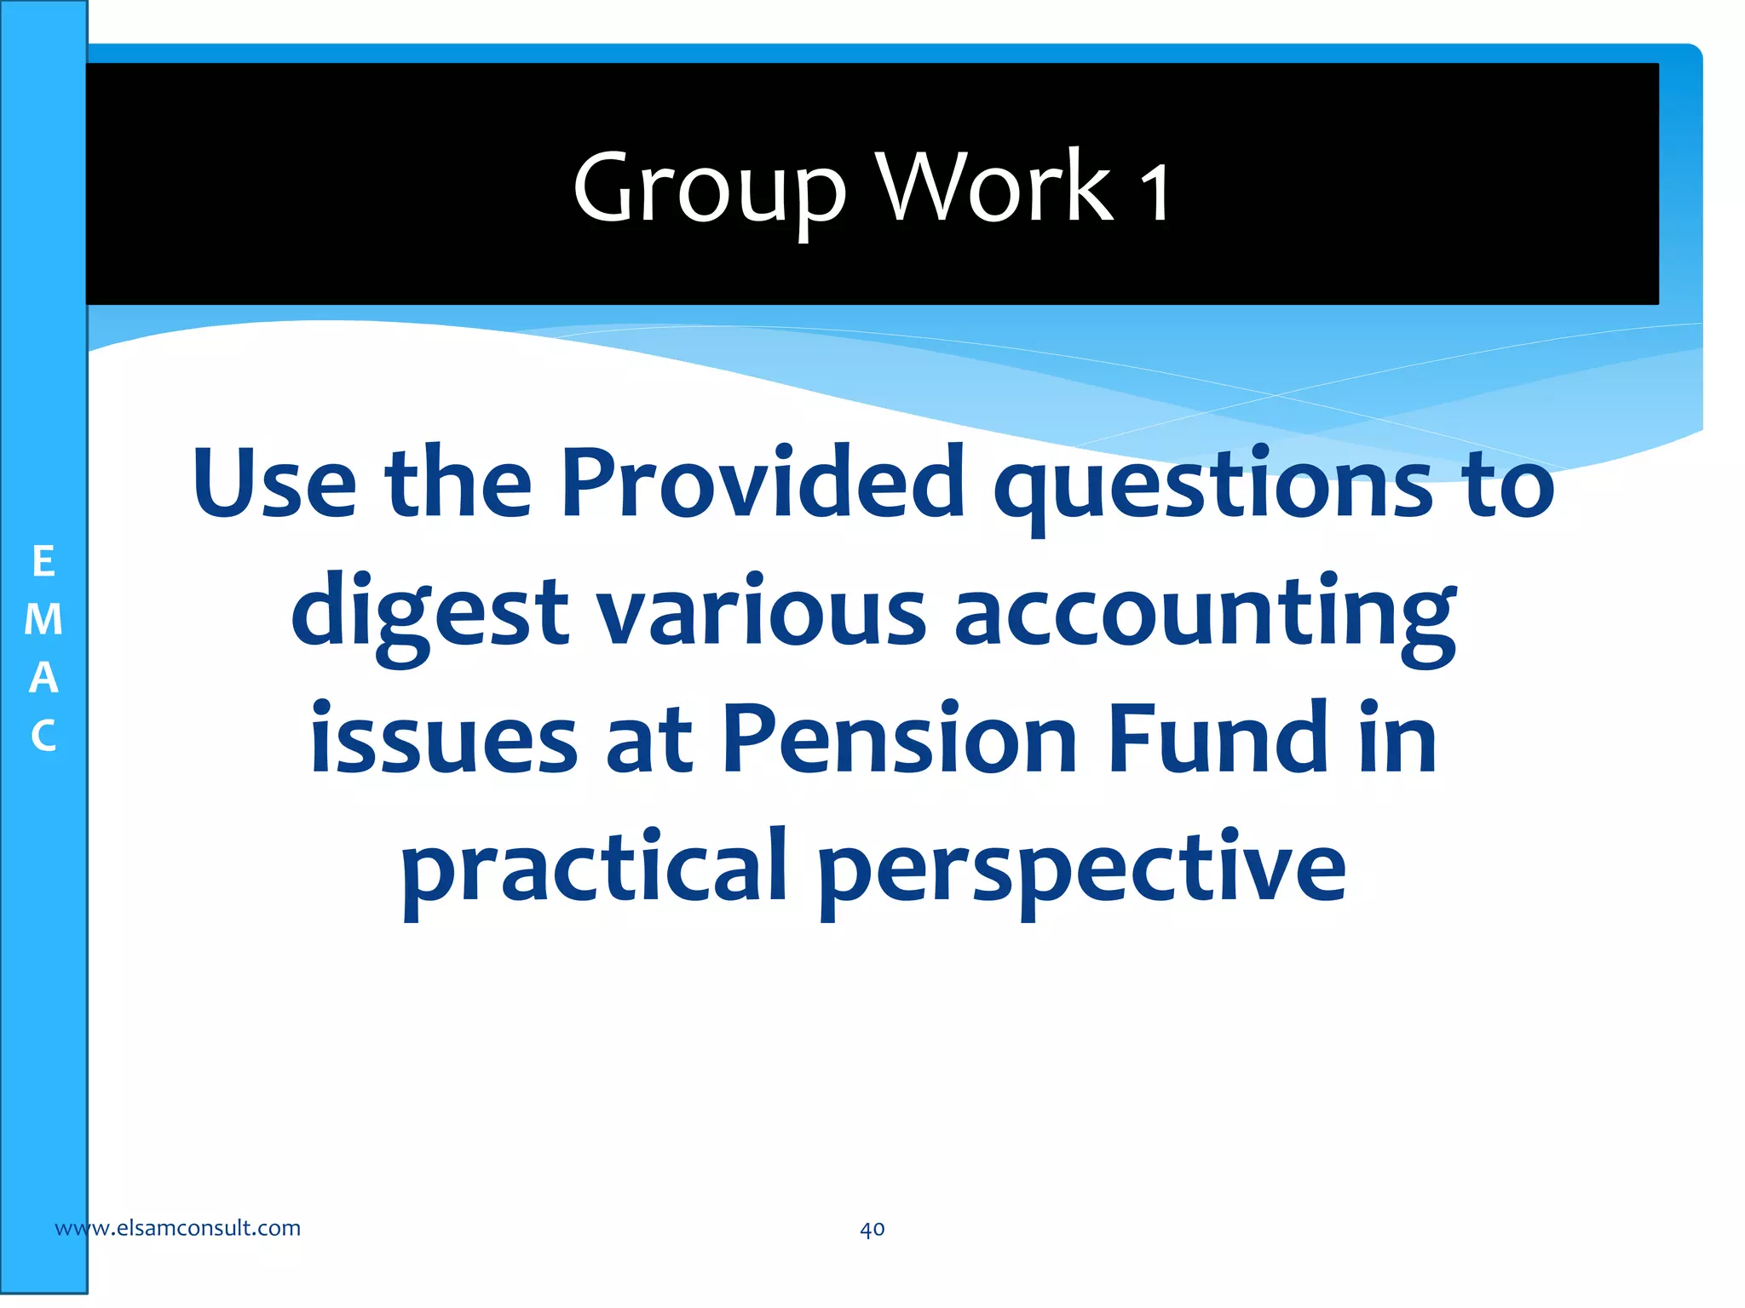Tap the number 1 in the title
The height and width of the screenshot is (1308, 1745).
point(1155,192)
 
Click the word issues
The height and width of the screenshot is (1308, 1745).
point(444,739)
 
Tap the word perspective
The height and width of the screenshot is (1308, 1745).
point(1082,869)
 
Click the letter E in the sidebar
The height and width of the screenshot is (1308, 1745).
point(43,562)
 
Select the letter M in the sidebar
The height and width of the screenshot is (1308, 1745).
point(43,620)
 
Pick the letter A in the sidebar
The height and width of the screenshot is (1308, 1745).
point(43,678)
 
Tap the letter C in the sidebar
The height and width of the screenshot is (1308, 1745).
point(43,736)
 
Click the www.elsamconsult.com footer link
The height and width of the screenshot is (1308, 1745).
point(177,1228)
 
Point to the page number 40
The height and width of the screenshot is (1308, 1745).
point(872,1229)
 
